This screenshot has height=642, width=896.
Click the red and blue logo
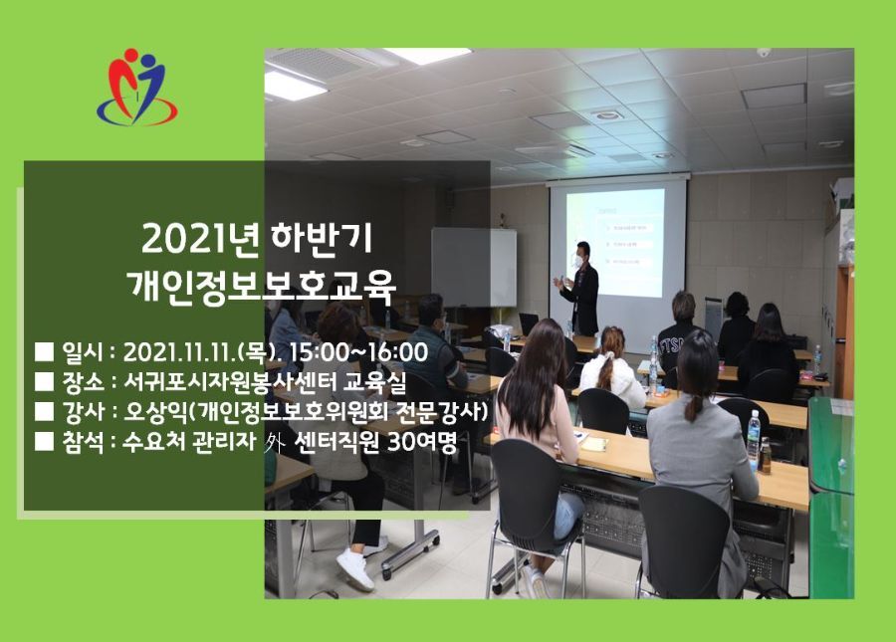137,87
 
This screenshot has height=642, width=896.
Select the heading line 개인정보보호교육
261,287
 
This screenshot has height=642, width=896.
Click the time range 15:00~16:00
358,351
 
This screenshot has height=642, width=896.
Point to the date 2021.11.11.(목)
201,352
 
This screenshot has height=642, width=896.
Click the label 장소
83,381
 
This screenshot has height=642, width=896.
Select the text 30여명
422,442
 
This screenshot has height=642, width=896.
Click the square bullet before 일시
44,352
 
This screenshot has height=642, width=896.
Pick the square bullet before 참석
44,442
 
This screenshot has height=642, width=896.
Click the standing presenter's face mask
578,261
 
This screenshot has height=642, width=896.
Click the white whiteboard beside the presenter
474,268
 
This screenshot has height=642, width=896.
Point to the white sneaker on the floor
354,569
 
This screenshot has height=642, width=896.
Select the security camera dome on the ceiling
764,53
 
